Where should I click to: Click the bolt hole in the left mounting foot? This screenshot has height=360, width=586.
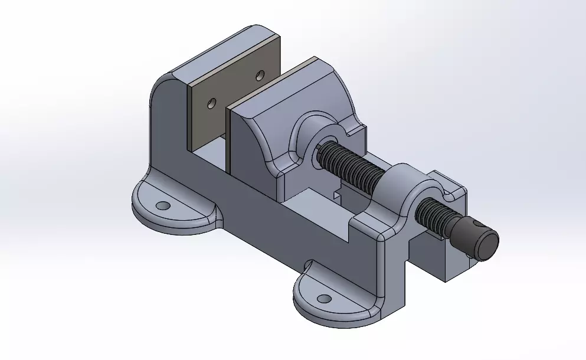[163, 206]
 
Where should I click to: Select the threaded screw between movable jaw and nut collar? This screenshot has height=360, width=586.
[351, 168]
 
